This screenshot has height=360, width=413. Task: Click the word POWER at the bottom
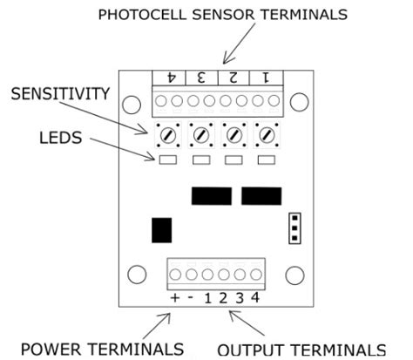tap(58, 349)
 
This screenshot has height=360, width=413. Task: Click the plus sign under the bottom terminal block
tap(175, 299)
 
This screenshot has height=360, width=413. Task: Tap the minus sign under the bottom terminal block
tap(191, 299)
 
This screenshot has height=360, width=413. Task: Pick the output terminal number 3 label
tap(238, 299)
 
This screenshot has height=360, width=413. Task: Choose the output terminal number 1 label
tap(207, 299)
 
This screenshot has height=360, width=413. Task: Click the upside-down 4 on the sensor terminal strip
tap(173, 78)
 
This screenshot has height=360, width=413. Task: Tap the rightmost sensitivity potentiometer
tap(266, 136)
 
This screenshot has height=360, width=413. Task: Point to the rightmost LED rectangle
tap(266, 160)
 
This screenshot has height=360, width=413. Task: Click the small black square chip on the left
tap(160, 230)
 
